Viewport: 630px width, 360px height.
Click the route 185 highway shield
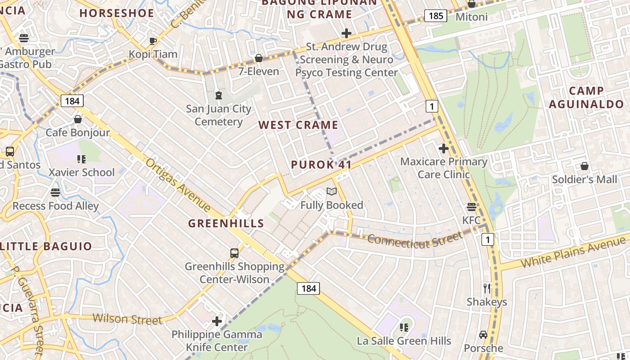click(x=436, y=16)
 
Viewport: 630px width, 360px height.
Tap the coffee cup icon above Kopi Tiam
click(x=153, y=41)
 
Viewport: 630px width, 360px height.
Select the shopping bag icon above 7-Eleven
click(x=259, y=58)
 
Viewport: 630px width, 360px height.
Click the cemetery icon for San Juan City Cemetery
click(x=219, y=95)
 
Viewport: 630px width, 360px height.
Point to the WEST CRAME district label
click(x=298, y=125)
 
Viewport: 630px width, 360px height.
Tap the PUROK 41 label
click(x=321, y=165)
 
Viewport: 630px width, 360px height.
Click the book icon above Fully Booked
click(x=332, y=192)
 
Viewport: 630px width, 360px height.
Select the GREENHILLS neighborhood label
click(x=226, y=223)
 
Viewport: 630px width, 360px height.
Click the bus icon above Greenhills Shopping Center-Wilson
click(x=234, y=253)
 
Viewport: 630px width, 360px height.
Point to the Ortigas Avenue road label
click(x=178, y=184)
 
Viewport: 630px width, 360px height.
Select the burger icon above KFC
click(x=471, y=207)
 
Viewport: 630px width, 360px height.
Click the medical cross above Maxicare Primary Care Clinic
click(x=444, y=148)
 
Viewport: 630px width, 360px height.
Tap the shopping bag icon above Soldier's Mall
click(x=584, y=166)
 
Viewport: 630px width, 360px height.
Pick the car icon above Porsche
click(x=483, y=335)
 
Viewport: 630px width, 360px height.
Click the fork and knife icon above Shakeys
click(x=486, y=288)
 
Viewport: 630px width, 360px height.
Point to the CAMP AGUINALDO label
click(x=586, y=98)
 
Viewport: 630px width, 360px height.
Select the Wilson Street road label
click(x=127, y=319)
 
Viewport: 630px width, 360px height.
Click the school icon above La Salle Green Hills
click(x=404, y=327)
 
